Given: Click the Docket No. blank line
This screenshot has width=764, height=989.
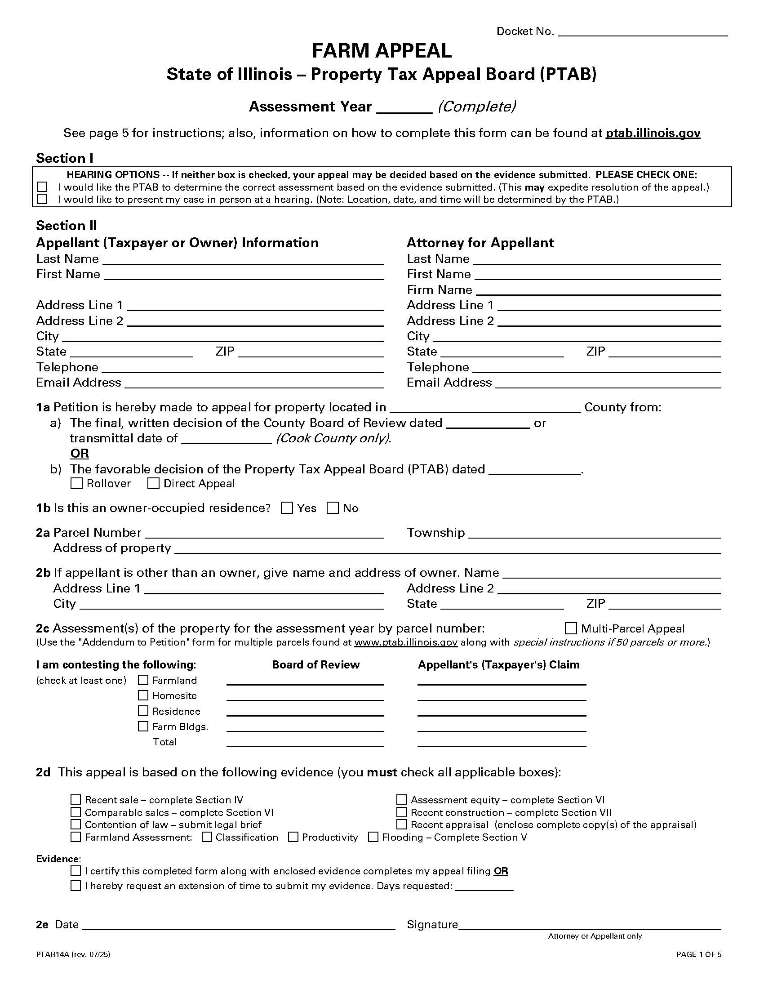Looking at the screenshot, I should [643, 32].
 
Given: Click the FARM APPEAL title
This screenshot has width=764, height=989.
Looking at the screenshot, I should [382, 51].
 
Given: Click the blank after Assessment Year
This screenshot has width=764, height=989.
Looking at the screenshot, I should [404, 108].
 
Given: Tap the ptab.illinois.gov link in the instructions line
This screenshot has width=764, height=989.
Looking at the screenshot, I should [653, 133].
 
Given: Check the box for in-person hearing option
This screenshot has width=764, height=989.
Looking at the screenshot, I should [42, 199].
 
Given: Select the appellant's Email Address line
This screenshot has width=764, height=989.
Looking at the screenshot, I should [253, 383].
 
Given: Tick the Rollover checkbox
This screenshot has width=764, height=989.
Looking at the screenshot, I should [77, 484].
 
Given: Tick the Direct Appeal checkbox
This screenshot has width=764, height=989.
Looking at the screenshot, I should [153, 484].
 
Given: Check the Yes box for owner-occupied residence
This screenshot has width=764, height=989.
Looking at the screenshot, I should [287, 508].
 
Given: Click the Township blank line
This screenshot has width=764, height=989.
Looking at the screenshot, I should [594, 534].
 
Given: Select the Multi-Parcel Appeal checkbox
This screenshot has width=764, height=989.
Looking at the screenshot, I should [571, 628].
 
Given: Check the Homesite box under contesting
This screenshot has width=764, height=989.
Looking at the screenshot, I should [143, 695].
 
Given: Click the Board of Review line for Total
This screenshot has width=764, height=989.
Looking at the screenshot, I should [305, 743].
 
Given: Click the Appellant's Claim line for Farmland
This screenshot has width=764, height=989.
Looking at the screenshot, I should [502, 681].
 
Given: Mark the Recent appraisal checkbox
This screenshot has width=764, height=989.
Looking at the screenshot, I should [401, 824].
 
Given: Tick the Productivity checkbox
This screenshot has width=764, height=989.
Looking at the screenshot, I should [293, 838].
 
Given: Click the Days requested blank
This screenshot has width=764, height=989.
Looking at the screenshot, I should [484, 887].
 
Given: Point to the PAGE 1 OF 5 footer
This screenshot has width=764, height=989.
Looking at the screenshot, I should [698, 954].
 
